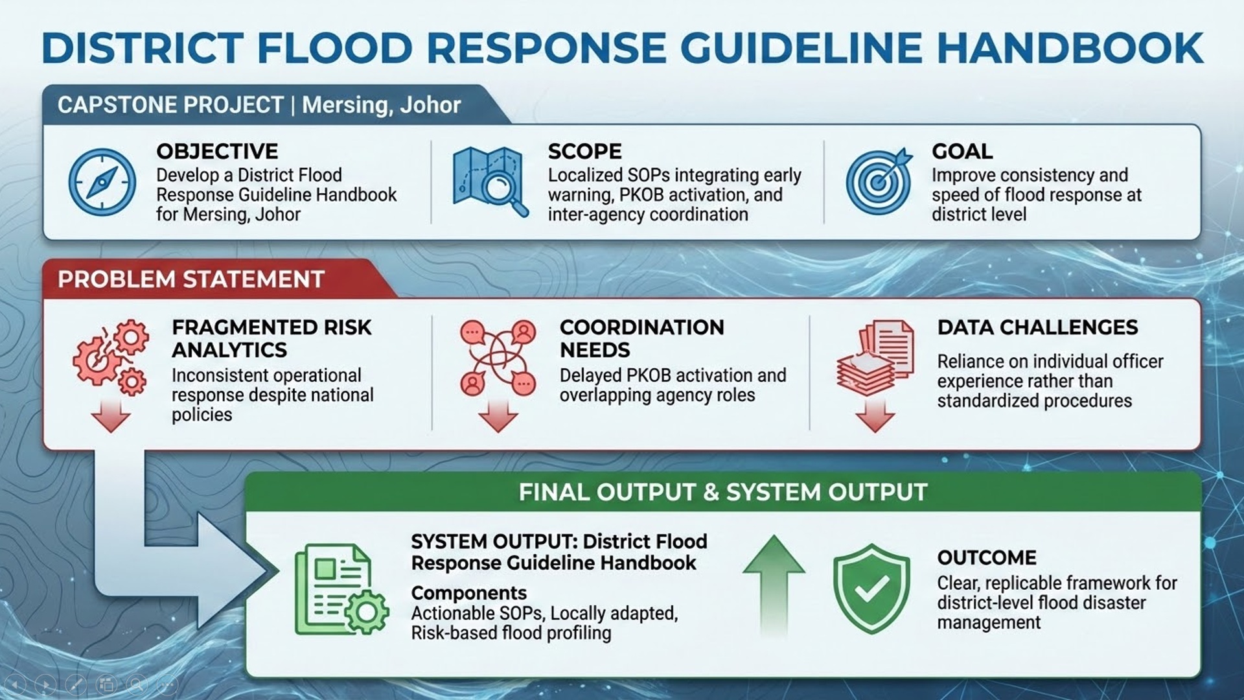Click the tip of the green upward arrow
(x=774, y=536)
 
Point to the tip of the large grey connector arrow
(x=279, y=571)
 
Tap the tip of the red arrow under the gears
(x=111, y=432)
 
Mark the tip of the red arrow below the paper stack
(x=875, y=432)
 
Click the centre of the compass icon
(x=102, y=182)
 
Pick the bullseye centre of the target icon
(x=877, y=183)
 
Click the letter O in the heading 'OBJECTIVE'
(x=165, y=152)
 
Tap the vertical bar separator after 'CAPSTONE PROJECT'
(x=293, y=105)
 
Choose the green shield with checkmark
(x=871, y=588)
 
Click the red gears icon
(x=111, y=357)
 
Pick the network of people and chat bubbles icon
(x=498, y=357)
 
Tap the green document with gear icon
(x=341, y=589)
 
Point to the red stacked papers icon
(x=875, y=357)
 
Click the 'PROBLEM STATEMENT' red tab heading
(x=191, y=279)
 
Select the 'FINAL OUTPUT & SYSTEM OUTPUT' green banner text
(x=723, y=492)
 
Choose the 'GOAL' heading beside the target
(x=962, y=152)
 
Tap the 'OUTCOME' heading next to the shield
(x=987, y=558)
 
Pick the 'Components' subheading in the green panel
(x=469, y=593)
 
